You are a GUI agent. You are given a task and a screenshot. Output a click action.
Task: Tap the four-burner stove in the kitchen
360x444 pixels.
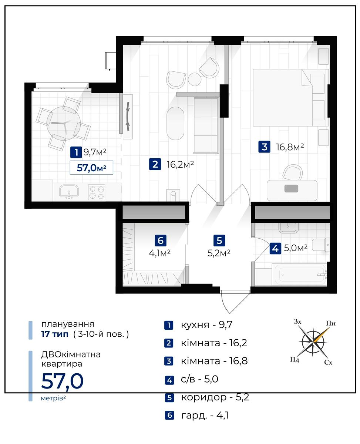click(x=97, y=192)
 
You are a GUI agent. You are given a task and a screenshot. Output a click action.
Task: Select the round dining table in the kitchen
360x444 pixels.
click(x=64, y=124)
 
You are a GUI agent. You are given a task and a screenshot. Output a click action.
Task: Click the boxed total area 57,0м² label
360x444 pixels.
click(x=91, y=168)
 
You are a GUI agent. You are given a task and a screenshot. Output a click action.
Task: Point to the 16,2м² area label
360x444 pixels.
click(x=180, y=165)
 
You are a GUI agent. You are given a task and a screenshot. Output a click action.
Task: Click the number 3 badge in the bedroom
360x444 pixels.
click(x=264, y=147)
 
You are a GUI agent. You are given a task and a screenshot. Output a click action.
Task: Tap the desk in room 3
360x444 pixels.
click(x=292, y=191)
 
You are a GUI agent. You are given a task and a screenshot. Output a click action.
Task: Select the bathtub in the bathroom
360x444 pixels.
click(x=299, y=275)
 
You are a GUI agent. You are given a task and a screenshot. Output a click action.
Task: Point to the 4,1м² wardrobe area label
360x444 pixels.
click(x=160, y=253)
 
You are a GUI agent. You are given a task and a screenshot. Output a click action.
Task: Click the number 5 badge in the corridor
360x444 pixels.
click(x=219, y=240)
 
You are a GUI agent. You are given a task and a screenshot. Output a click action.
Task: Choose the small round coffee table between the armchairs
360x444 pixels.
click(x=195, y=79)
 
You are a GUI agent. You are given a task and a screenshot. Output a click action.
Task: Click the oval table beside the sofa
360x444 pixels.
click(x=175, y=124)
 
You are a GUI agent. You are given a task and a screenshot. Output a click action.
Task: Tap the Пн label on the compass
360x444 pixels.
click(x=331, y=323)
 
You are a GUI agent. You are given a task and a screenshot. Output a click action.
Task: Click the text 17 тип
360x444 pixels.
click(x=55, y=334)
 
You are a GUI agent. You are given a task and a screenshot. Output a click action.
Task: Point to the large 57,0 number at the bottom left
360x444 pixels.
click(x=62, y=381)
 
